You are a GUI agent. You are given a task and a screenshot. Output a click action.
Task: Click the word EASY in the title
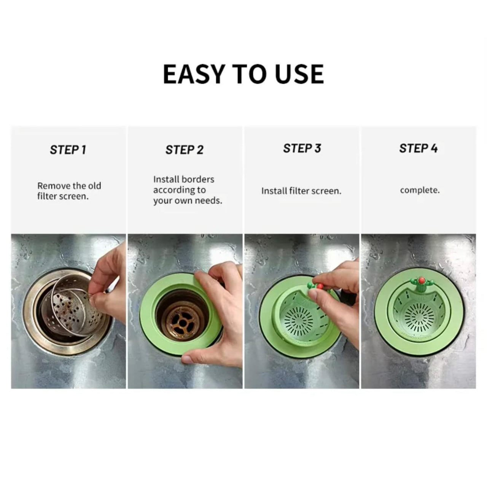[x=194, y=74]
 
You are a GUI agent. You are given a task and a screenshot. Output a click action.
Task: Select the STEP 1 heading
[x=68, y=150]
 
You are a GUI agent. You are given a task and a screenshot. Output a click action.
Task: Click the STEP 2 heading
[x=184, y=150]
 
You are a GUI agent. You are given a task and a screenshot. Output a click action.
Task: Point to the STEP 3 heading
[x=302, y=148]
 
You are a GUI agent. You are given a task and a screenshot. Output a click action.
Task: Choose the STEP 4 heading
[x=418, y=148]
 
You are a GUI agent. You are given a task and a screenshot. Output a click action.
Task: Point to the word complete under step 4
[x=420, y=190]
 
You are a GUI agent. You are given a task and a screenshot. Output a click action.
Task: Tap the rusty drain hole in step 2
[x=181, y=322]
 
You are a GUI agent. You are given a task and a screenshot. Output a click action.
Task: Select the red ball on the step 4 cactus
[x=421, y=280]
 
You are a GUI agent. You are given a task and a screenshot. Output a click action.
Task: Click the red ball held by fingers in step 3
[x=320, y=286]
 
